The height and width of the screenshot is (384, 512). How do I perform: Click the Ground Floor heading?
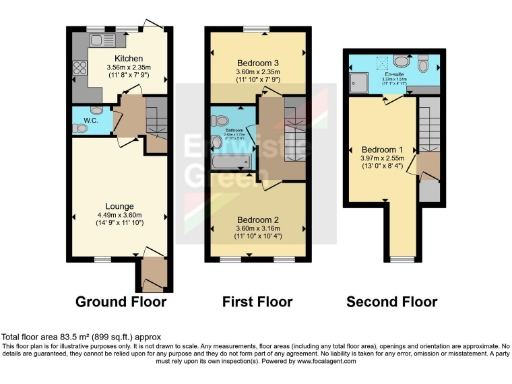tap(120, 301)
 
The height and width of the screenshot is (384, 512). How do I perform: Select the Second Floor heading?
tap(391, 301)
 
